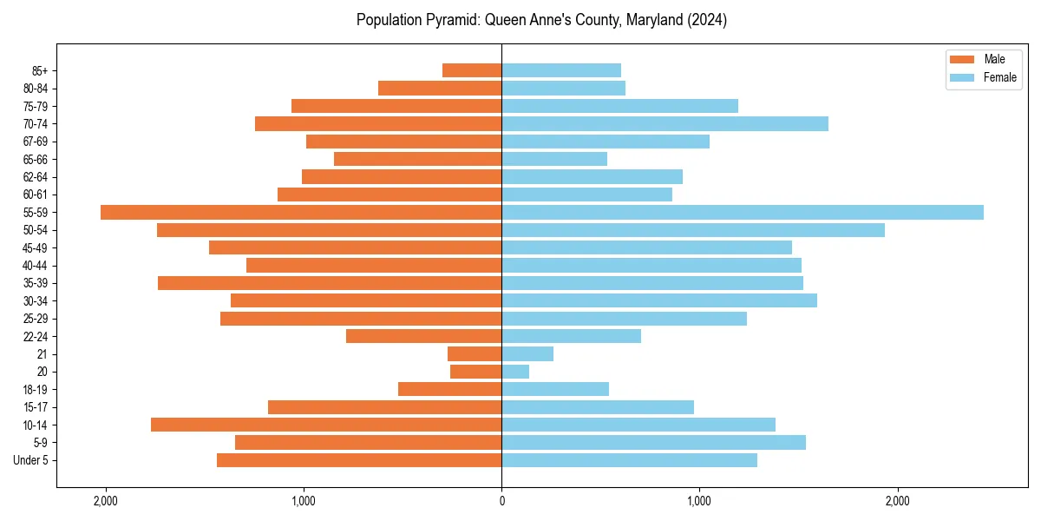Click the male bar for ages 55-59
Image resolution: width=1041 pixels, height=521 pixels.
coord(301,212)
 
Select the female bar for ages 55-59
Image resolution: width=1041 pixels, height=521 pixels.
coord(743,212)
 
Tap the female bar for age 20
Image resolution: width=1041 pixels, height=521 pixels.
coord(515,372)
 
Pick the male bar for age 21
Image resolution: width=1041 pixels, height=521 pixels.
coord(475,354)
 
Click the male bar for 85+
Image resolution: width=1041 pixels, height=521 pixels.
coord(472,70)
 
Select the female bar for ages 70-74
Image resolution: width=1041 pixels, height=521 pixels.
coord(665,123)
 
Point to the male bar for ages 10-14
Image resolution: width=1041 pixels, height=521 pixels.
coord(326,425)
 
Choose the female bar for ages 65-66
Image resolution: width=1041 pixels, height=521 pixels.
coord(554,159)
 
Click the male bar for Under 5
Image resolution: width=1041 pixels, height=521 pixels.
coord(359,460)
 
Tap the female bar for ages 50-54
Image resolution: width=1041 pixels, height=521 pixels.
coord(693,230)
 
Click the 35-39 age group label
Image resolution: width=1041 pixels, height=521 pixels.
coord(36,283)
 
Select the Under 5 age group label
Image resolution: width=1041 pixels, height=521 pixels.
coord(31,460)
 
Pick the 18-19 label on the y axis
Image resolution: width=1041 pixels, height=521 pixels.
coord(36,390)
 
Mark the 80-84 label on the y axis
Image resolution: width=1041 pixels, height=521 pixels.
coord(36,89)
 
